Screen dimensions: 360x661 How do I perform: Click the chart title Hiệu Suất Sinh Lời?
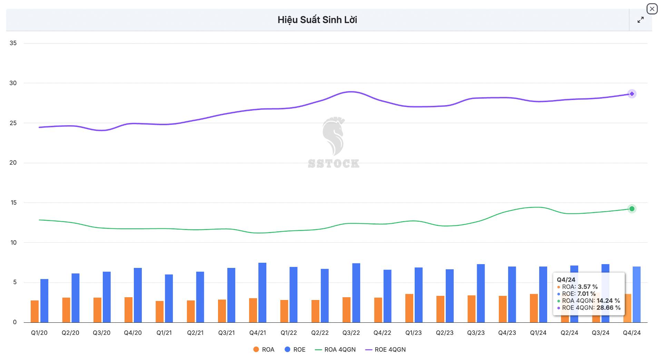pos(317,20)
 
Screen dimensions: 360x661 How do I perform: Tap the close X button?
pos(652,9)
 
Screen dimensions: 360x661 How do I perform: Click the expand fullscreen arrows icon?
pos(640,20)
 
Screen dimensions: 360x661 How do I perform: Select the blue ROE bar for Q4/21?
pos(262,292)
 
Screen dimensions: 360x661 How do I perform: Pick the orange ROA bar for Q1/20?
pos(34,311)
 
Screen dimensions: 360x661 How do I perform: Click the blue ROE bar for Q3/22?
pos(356,292)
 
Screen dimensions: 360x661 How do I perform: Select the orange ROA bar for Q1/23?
pos(409,308)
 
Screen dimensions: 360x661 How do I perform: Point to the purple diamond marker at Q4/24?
pos(632,94)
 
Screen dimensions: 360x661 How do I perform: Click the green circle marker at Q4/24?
pos(632,209)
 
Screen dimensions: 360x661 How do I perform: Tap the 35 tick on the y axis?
pos(13,43)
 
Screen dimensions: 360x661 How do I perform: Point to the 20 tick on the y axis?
pos(13,163)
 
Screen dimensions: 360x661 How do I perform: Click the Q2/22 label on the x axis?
pos(320,333)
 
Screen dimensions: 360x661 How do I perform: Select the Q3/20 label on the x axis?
pos(101,333)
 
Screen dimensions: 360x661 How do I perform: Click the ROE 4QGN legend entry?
pos(385,350)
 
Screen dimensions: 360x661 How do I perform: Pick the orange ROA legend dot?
pos(256,350)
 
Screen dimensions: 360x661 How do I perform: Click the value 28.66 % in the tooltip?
pos(608,308)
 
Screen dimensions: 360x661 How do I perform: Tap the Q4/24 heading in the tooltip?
pos(566,280)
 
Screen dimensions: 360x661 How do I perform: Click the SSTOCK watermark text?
pos(334,163)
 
